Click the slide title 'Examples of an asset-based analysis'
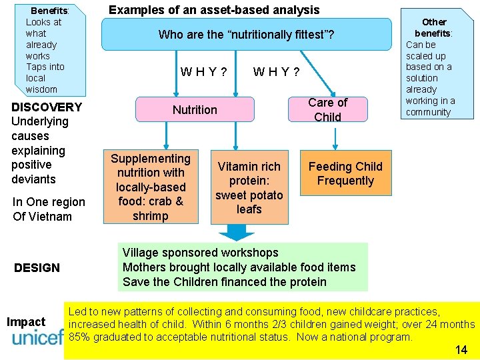click(214, 10)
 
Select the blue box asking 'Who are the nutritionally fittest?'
click(246, 35)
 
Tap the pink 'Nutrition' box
click(195, 109)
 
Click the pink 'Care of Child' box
click(327, 109)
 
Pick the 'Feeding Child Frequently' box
click(345, 174)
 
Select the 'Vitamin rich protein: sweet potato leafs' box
click(249, 188)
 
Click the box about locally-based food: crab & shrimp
click(150, 187)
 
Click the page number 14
click(461, 350)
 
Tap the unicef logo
click(37, 337)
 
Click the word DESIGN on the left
click(37, 268)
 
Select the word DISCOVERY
click(47, 107)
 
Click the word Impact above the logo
click(26, 322)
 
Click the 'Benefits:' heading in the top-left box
click(50, 11)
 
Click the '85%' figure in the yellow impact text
click(81, 337)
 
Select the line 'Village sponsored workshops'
click(201, 253)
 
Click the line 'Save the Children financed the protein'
click(225, 282)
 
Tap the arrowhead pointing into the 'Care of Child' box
click(331, 93)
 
